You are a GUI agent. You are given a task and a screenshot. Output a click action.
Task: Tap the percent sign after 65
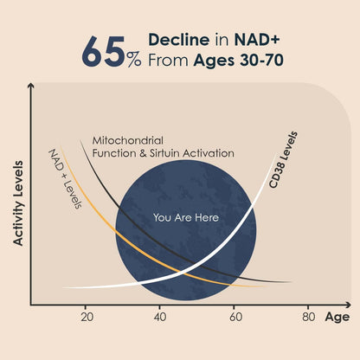coord(134,60)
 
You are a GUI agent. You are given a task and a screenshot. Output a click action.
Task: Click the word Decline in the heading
coord(179,40)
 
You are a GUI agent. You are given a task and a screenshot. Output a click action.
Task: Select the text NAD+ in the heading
coord(257,40)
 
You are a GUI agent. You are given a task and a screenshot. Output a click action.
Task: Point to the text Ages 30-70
coord(239,61)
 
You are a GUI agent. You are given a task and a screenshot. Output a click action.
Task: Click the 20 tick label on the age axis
coord(87,317)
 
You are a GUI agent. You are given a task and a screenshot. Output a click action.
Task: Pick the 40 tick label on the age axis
coord(160,317)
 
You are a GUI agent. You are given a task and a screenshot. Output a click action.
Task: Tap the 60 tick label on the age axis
coord(236,317)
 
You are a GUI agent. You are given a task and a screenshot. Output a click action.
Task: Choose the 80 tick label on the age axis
coord(308,317)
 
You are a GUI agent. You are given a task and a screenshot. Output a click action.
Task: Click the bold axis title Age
coord(337,317)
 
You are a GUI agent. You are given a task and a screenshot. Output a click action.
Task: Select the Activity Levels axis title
coord(18,203)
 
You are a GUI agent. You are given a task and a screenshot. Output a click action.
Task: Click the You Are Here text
coord(186,217)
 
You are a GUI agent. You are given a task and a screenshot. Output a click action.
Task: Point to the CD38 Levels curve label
coord(283,160)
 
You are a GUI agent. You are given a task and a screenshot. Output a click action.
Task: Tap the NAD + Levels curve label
coord(66,178)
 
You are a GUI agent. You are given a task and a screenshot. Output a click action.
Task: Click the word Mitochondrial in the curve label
coord(128,141)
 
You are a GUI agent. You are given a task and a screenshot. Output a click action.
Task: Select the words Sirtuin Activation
coord(191,153)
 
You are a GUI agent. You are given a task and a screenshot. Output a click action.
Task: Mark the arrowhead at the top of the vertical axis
coord(31,86)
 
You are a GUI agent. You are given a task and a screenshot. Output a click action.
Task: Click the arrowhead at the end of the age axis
coord(348,305)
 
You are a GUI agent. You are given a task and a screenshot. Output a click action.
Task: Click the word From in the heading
coord(168,61)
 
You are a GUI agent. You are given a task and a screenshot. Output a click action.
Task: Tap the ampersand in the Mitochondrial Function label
coord(143,153)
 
